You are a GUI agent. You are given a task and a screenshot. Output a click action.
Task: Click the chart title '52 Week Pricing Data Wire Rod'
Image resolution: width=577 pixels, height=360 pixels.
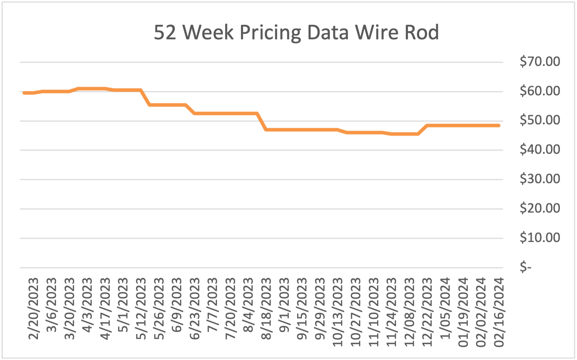click(x=296, y=33)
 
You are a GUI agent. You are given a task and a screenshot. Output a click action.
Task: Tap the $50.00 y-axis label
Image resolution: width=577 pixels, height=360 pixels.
click(x=540, y=120)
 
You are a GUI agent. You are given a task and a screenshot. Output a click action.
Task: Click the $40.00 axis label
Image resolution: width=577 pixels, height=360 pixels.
click(x=540, y=149)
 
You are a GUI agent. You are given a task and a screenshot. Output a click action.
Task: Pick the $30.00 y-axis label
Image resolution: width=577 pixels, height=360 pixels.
click(x=540, y=179)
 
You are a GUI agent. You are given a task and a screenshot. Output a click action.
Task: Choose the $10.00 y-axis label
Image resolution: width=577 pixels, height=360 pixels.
click(x=540, y=237)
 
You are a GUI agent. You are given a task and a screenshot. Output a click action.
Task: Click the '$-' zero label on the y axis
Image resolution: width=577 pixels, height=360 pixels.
click(x=525, y=267)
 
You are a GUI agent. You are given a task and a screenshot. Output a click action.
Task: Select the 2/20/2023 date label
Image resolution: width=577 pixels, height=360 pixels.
click(x=33, y=309)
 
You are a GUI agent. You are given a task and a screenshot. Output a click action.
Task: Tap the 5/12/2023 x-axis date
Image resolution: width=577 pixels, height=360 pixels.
click(x=141, y=309)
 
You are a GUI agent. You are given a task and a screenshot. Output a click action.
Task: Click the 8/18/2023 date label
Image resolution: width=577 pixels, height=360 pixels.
click(x=266, y=309)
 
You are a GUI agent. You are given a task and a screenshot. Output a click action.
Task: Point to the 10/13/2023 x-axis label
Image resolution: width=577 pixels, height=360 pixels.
click(x=337, y=312)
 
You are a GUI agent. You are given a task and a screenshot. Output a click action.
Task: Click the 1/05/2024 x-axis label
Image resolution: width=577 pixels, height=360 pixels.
click(x=445, y=309)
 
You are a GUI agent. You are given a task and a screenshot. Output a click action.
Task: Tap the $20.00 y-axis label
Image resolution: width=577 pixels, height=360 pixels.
click(x=540, y=208)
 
